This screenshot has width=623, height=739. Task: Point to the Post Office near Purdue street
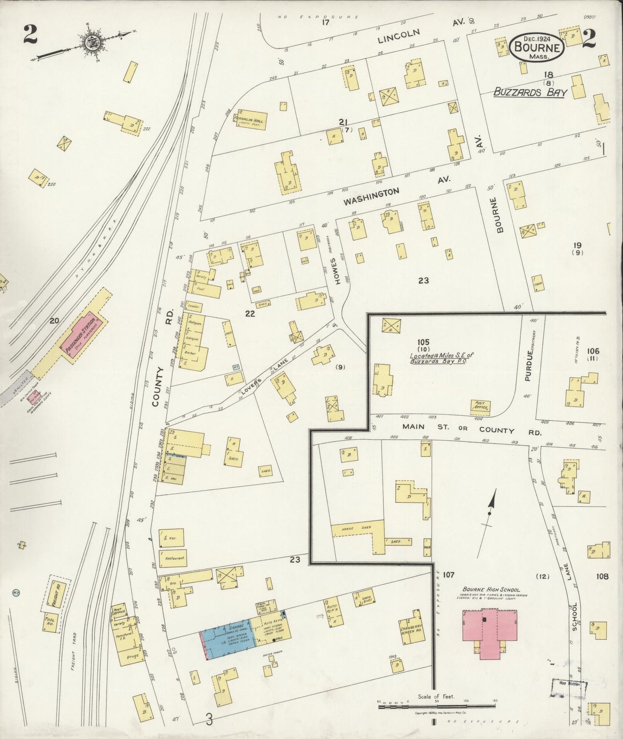pyautogui.click(x=481, y=406)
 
